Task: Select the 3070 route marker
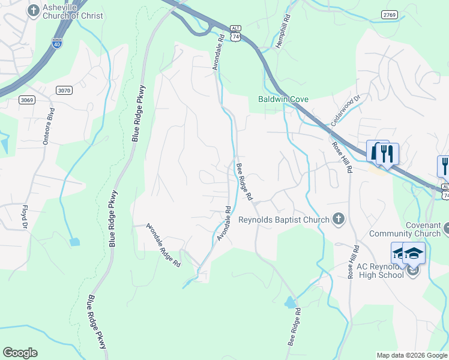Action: point(64,90)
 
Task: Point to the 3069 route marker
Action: point(26,100)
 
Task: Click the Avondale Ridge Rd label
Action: point(163,250)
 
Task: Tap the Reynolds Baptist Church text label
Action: point(283,220)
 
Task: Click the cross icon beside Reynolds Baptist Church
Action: point(339,220)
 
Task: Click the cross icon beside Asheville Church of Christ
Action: point(33,10)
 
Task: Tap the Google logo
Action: point(20,353)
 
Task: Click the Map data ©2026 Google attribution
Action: point(412,355)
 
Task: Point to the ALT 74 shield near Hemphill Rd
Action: point(235,37)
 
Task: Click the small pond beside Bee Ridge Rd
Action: point(291,302)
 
